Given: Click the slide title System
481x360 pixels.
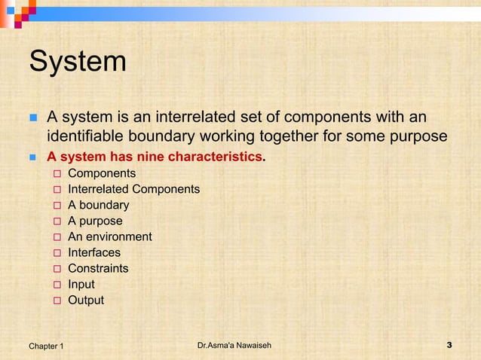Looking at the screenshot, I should [78, 62].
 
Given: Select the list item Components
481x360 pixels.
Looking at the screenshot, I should [102, 173].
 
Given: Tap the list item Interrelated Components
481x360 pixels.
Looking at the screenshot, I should [133, 189].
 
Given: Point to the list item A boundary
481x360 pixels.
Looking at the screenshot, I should [98, 205].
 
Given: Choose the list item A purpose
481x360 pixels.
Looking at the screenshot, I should [95, 221].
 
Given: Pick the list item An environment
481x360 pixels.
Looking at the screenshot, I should [109, 236].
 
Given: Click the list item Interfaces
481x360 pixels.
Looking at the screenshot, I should [93, 252].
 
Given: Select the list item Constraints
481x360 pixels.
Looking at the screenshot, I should [98, 268].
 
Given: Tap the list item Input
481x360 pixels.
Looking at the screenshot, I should [81, 285].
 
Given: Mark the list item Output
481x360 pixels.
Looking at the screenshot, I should [86, 301].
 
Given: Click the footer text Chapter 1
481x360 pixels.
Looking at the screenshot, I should [46, 346].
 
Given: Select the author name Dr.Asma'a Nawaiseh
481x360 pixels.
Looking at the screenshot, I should [234, 345].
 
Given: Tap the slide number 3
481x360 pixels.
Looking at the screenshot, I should [449, 345].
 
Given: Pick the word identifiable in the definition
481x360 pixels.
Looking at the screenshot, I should [86, 137].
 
